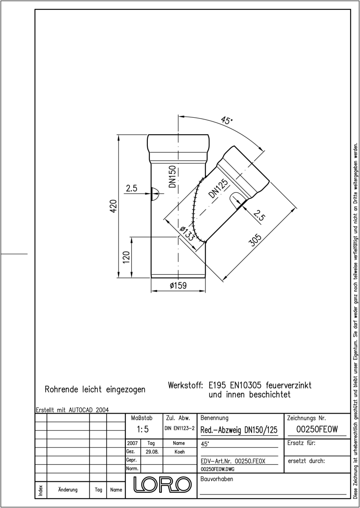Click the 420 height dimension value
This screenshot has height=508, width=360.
coord(114,206)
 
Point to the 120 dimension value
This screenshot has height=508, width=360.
coord(126,257)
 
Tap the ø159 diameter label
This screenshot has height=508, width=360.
coord(178,285)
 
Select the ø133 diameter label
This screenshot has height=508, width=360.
coord(187,234)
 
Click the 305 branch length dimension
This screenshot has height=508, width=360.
coord(255,240)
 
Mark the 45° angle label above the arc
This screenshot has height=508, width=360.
coord(227,120)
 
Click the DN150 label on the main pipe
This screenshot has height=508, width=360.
coord(173,177)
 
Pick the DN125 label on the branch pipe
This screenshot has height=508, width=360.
coord(218,188)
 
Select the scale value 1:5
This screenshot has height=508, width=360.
coord(143,429)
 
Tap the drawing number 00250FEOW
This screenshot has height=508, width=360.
coord(317,429)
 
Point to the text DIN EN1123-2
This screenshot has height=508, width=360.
coord(180,428)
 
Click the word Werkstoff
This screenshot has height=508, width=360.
coord(186,385)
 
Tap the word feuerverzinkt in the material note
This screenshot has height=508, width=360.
coord(288,385)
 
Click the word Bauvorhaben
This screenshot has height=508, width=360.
coord(217,479)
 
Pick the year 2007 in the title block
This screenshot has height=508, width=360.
coord(133,443)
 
